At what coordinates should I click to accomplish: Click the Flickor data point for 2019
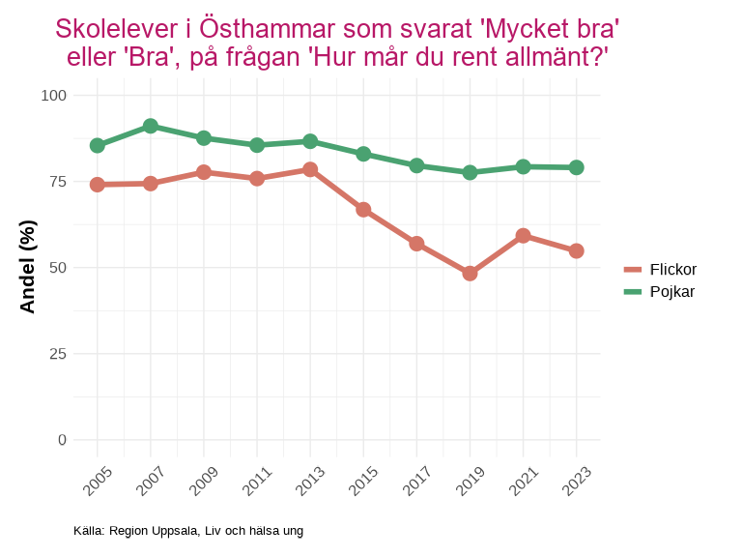470,274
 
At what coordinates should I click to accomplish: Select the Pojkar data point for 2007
151,126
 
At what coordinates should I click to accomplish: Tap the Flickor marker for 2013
310,169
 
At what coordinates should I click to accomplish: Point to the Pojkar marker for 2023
576,167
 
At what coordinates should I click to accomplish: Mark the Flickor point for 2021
523,236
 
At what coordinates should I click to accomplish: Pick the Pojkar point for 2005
98,145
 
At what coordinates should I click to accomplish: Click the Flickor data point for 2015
363,210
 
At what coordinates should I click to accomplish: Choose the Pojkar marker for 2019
470,172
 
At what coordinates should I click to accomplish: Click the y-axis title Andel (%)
28,267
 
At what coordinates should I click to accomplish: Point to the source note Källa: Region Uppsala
188,531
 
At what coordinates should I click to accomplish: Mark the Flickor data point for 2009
204,172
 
